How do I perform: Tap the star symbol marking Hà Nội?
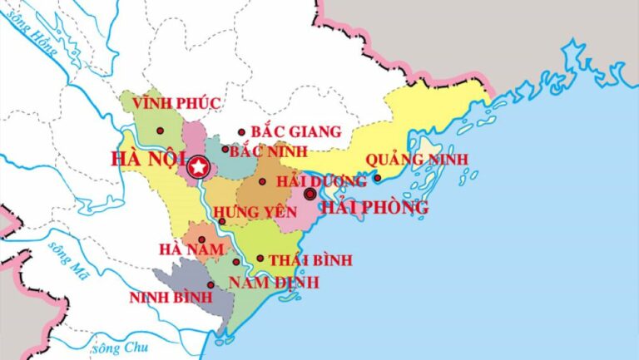coord(198,168)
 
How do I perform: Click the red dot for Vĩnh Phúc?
coord(161,131)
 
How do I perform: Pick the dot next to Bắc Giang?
coord(241,131)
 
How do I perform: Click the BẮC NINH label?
coord(269,151)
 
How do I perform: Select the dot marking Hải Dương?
coord(262,181)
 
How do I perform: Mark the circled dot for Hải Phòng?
coord(310,194)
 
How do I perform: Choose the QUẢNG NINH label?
coord(416,160)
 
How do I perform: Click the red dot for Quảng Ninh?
coord(377,177)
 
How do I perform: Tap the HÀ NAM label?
coord(191,249)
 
